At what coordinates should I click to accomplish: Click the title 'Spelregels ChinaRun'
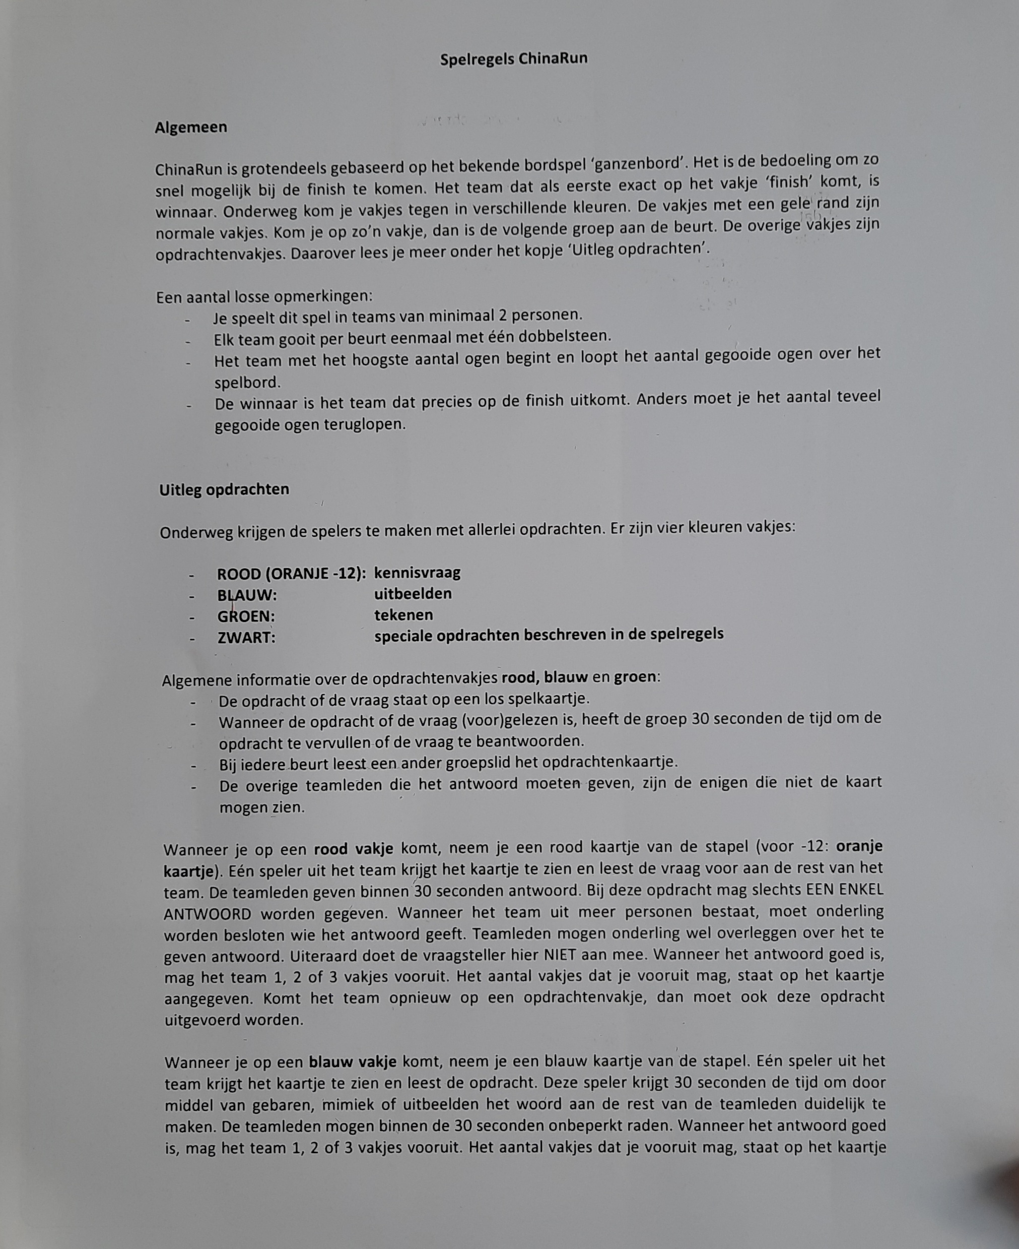coord(514,59)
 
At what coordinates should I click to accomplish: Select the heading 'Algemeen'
coord(191,128)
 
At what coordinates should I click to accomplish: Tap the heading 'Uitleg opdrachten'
coord(224,490)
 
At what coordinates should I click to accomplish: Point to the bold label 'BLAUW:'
coord(246,595)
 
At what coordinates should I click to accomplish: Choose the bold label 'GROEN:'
coord(246,616)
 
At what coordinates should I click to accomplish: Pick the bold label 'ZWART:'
coord(246,638)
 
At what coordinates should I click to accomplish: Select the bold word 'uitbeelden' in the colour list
coord(413,594)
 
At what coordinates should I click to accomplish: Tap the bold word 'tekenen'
coord(403,615)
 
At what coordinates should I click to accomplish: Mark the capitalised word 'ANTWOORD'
coord(208,914)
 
